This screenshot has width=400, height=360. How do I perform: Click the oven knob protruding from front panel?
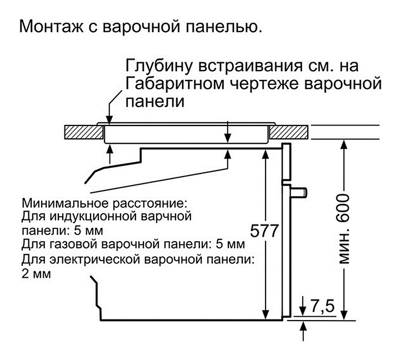(299, 192)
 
